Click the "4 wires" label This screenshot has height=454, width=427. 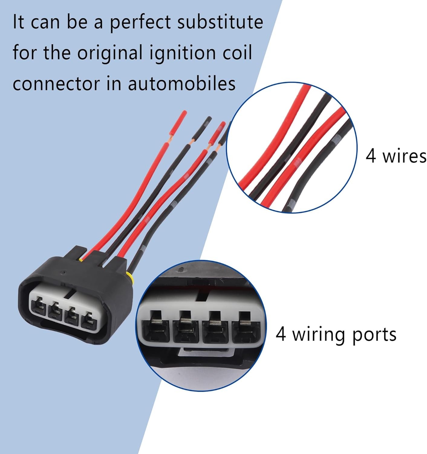(x=396, y=156)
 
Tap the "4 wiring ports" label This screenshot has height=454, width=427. (x=336, y=334)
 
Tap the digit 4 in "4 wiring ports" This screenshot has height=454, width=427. (x=281, y=334)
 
